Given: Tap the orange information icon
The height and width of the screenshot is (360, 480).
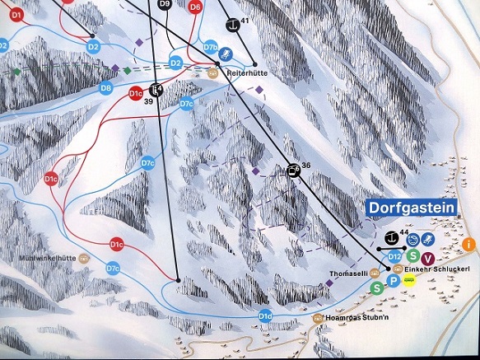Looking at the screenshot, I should (x=469, y=244).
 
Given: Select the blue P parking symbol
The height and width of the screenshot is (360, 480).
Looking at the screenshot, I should (x=394, y=282).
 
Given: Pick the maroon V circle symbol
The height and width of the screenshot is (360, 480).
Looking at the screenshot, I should (x=428, y=258).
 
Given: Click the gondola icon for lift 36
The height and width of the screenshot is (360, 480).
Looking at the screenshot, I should (x=292, y=171).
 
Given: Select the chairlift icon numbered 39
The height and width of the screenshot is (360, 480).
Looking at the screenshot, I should (x=157, y=91).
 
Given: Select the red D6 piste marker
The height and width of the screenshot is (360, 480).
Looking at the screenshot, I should (x=195, y=7).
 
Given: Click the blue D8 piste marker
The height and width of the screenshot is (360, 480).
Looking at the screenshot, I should (x=105, y=87).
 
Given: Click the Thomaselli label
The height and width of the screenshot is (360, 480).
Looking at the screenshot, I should (x=345, y=271).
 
